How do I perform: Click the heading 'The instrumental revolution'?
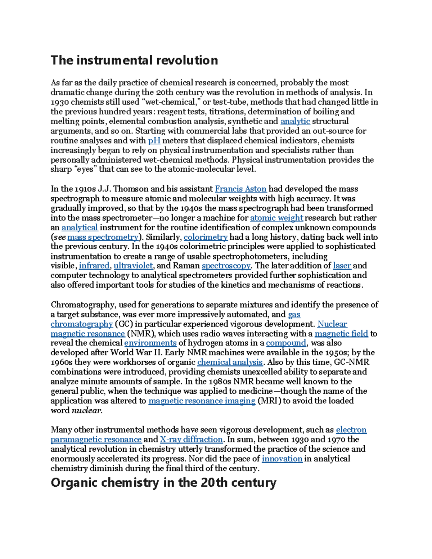pos(134,60)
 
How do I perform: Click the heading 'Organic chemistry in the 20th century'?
pos(163,482)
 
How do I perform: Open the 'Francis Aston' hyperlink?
pos(240,189)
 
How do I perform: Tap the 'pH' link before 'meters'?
pos(154,140)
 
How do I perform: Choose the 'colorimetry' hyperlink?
pos(206,237)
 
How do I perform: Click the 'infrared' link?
pos(94,266)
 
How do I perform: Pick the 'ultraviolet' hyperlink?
pos(133,266)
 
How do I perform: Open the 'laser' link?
pos(342,266)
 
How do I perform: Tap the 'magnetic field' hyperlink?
pos(341,334)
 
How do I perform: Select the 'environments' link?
pos(150,343)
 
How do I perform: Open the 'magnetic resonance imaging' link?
pos(202,401)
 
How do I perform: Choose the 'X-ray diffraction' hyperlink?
pos(191,439)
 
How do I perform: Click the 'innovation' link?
pos(282,459)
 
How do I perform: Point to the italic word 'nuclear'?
pos(87,410)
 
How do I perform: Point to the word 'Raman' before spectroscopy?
pos(186,266)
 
